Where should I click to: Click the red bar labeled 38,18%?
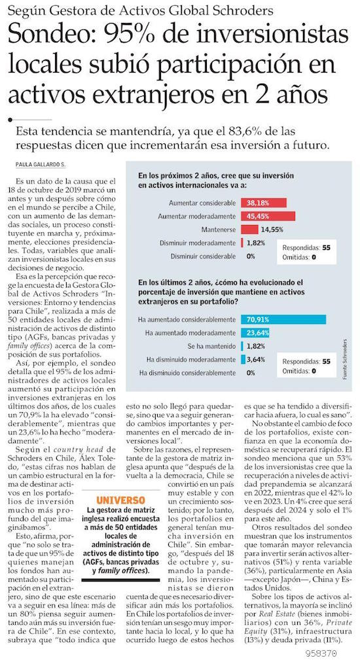[264, 203]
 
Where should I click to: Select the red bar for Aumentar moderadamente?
[268, 216]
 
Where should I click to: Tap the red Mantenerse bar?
[249, 230]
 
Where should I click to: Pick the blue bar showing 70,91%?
[283, 319]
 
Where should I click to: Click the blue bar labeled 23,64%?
[255, 333]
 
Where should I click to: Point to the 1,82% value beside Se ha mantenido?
[256, 346]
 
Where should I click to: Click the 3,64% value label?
[256, 360]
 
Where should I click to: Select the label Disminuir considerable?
[204, 256]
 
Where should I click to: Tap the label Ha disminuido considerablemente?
[188, 374]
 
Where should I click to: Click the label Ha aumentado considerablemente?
[187, 319]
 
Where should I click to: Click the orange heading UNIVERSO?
[120, 500]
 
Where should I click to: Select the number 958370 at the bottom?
[321, 653]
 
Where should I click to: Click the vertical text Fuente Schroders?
[344, 358]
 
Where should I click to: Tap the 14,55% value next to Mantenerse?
[272, 230]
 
